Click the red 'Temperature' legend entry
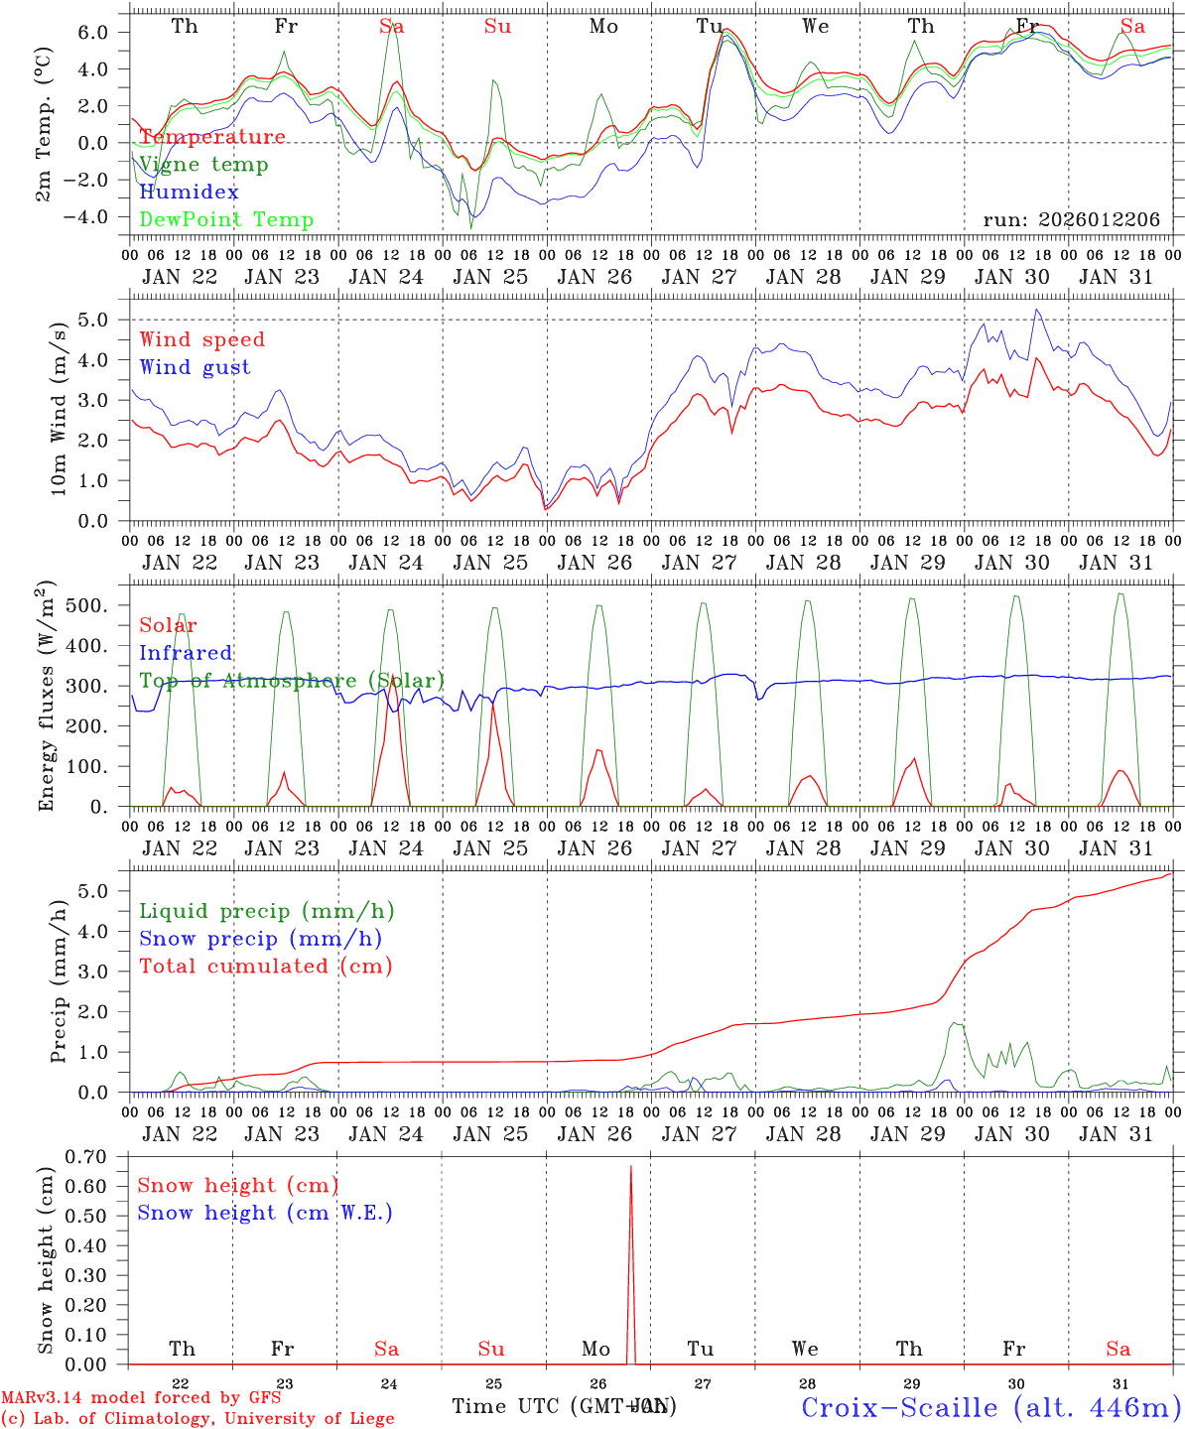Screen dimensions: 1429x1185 pyautogui.click(x=211, y=137)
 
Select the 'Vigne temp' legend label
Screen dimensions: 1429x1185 pyautogui.click(x=203, y=165)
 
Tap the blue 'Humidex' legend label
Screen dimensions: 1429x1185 pyautogui.click(x=190, y=193)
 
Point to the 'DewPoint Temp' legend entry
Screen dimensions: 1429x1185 pyautogui.click(x=226, y=220)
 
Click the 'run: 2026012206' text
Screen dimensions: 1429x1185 pyautogui.click(x=1071, y=220)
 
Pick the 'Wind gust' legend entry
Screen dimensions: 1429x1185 pyautogui.click(x=195, y=367)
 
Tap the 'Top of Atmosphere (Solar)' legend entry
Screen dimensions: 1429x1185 pyautogui.click(x=292, y=681)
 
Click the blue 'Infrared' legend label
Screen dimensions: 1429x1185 pyautogui.click(x=186, y=653)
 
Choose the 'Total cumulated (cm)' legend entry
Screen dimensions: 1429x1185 pyautogui.click(x=265, y=967)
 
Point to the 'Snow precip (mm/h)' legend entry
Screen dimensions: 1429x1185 pyautogui.click(x=260, y=939)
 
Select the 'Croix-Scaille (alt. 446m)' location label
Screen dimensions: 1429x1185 pyautogui.click(x=989, y=1407)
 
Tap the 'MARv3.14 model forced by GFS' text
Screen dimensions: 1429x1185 pyautogui.click(x=140, y=1398)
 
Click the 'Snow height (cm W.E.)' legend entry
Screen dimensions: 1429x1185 pyautogui.click(x=265, y=1213)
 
